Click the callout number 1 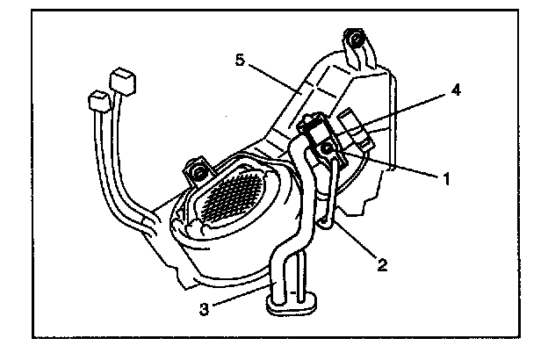click(446, 179)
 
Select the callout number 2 click(382, 264)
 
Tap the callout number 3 click(204, 309)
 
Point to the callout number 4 click(456, 90)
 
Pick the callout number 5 click(240, 60)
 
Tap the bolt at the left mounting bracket click(199, 172)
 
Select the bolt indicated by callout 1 click(328, 148)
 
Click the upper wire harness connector click(123, 82)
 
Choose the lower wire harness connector click(100, 102)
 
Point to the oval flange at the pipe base click(292, 305)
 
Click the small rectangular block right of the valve click(356, 128)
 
